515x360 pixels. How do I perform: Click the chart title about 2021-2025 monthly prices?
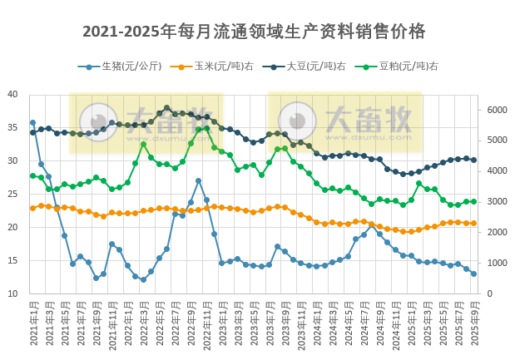(254, 32)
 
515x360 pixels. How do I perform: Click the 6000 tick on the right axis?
(496, 110)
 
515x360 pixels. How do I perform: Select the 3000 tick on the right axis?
(496, 202)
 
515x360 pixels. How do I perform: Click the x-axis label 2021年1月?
(33, 324)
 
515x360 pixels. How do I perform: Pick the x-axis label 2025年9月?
(474, 324)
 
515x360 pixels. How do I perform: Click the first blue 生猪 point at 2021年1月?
(32, 123)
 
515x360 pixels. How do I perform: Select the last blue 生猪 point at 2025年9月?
(473, 274)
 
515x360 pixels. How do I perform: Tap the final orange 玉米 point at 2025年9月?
(473, 223)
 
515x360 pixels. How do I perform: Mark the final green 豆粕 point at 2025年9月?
(473, 201)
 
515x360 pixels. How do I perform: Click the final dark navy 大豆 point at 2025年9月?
(473, 160)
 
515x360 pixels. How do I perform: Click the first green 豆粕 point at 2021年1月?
(32, 175)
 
